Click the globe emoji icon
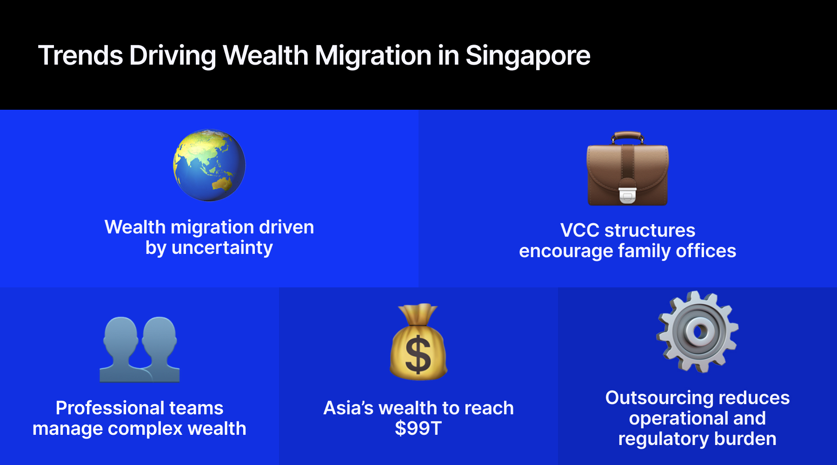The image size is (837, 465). click(209, 165)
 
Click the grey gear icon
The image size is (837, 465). click(697, 332)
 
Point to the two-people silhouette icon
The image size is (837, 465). click(139, 350)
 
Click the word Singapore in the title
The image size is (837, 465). click(528, 56)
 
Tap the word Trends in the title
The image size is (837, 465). click(80, 56)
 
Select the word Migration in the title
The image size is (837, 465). click(373, 56)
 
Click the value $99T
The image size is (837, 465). click(418, 428)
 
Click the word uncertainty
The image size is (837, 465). click(222, 248)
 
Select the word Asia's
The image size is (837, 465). click(348, 408)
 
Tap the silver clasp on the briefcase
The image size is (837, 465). click(627, 195)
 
